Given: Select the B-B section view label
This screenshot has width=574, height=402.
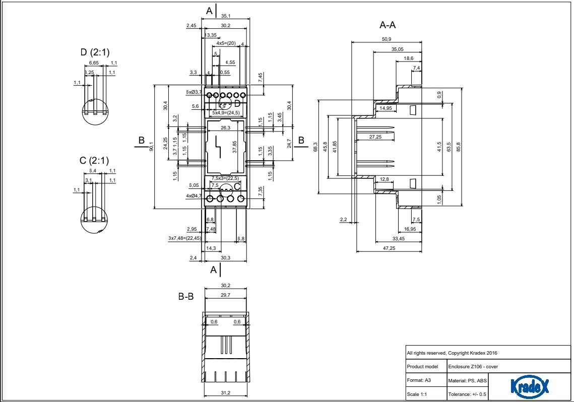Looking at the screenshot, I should pyautogui.click(x=186, y=297).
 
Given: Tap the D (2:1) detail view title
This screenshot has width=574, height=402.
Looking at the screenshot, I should pyautogui.click(x=95, y=52).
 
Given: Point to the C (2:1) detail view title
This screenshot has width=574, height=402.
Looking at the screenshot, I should pyautogui.click(x=94, y=161).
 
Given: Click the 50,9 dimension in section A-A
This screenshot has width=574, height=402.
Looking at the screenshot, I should pyautogui.click(x=386, y=39).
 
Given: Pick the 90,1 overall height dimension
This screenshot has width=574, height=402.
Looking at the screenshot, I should pyautogui.click(x=151, y=147).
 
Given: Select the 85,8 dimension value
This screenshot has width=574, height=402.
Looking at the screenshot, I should pyautogui.click(x=458, y=147).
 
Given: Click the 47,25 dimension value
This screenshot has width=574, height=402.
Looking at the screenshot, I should pyautogui.click(x=389, y=248).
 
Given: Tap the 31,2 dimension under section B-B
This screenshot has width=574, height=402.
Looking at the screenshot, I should pyautogui.click(x=225, y=392).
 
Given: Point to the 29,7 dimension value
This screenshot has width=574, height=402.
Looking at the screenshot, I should pyautogui.click(x=225, y=295).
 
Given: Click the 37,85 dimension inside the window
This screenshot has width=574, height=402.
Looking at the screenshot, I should pyautogui.click(x=235, y=147).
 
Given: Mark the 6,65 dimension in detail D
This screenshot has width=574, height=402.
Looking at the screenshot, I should pyautogui.click(x=94, y=63).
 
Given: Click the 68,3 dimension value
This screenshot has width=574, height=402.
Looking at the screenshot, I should pyautogui.click(x=316, y=147).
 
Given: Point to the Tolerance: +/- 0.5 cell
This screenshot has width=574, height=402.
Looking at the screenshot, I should pyautogui.click(x=467, y=393).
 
